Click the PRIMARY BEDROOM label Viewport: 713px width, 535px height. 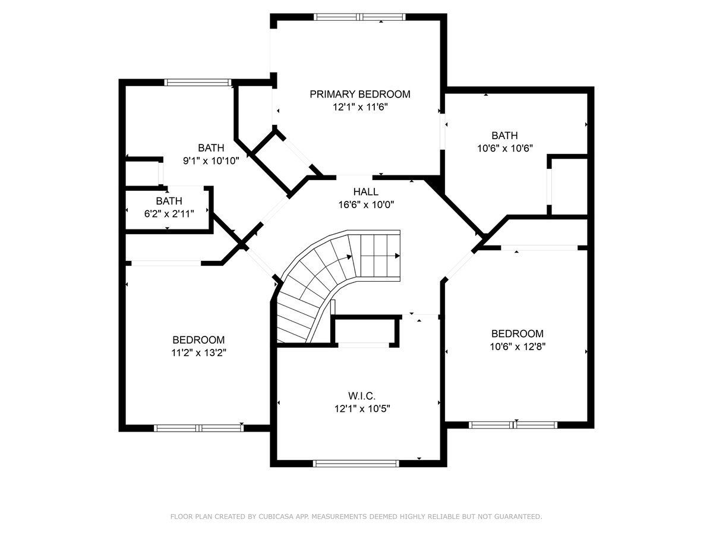[360, 94]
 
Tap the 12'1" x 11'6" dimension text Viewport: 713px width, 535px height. [360, 107]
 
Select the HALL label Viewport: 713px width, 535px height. [366, 191]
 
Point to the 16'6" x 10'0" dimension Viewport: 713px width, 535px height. [366, 204]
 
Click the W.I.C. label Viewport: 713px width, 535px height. [362, 396]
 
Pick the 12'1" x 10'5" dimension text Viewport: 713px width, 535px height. [362, 408]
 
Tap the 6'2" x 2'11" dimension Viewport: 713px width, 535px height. [169, 214]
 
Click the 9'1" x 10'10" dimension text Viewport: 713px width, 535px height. [211, 160]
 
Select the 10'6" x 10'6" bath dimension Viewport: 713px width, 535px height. [505, 148]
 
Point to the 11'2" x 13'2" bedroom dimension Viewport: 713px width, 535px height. [199, 353]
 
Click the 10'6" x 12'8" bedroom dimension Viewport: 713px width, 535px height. [518, 347]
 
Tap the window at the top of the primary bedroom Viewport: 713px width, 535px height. [360, 17]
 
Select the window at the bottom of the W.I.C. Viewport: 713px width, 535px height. [356, 464]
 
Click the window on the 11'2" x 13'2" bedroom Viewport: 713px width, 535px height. [199, 428]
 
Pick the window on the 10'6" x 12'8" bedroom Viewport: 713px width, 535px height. [513, 425]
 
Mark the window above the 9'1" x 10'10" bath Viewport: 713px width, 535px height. [198, 82]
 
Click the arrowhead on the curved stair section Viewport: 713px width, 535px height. [349, 257]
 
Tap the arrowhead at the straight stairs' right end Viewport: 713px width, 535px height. [397, 256]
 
